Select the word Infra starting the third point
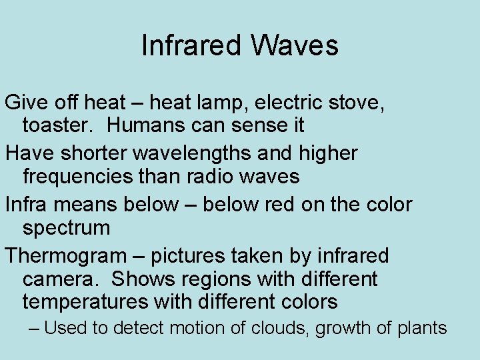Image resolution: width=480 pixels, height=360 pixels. [25, 205]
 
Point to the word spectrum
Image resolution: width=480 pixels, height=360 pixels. [66, 228]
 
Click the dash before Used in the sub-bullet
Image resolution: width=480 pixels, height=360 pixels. [35, 328]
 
